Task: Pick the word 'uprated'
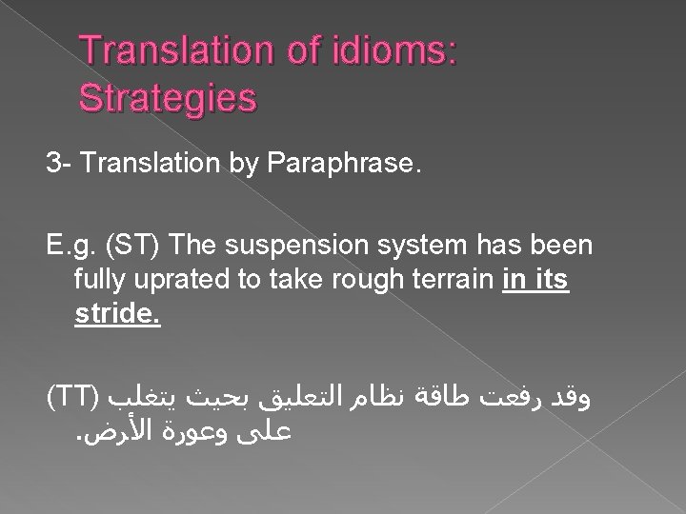pos(169,281)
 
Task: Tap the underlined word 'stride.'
pos(117,314)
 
